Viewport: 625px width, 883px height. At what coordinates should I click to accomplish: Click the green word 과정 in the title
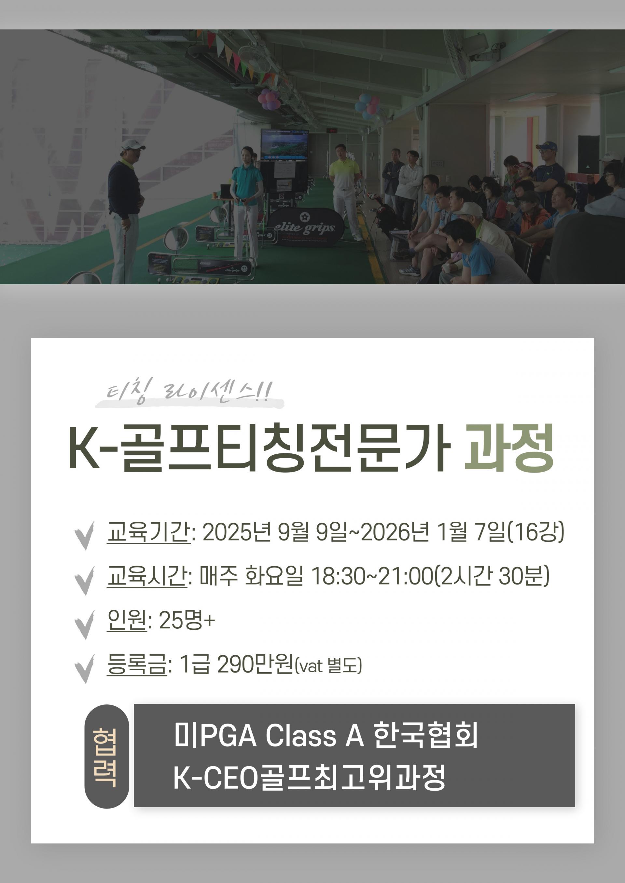pyautogui.click(x=509, y=448)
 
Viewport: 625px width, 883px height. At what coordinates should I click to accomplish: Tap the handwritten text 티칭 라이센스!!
pyautogui.click(x=190, y=392)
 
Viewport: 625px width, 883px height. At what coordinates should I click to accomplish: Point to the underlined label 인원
pyautogui.click(x=127, y=620)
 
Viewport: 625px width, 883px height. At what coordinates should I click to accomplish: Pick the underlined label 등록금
pyautogui.click(x=137, y=664)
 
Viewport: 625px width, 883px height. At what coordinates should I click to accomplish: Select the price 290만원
pyautogui.click(x=255, y=664)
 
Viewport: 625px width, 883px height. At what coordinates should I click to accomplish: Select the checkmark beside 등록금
pyautogui.click(x=84, y=668)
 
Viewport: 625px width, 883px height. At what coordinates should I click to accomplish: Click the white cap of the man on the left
pyautogui.click(x=132, y=145)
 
